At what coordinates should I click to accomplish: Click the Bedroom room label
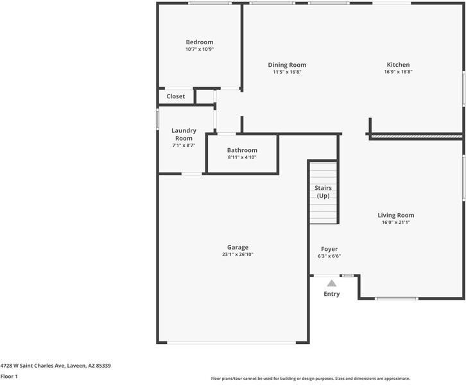click(200, 42)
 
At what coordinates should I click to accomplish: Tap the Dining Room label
click(287, 65)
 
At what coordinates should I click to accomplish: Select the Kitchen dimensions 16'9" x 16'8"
click(398, 72)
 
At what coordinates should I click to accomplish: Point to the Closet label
click(176, 96)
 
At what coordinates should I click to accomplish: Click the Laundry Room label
click(184, 134)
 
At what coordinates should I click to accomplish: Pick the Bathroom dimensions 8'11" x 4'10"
click(242, 157)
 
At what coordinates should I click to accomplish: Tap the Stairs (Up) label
click(323, 192)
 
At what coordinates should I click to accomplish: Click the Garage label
click(237, 247)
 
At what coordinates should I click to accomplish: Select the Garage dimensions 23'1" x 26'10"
click(237, 254)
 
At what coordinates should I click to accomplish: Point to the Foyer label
click(329, 249)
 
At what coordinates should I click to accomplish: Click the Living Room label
click(396, 215)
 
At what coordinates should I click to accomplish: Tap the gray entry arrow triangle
click(332, 284)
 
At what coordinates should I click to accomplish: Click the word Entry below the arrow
click(332, 294)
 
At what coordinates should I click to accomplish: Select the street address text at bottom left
click(56, 366)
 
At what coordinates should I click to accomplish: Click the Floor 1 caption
click(9, 377)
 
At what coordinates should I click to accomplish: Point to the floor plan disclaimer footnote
click(311, 379)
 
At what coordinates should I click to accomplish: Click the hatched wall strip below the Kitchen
click(415, 136)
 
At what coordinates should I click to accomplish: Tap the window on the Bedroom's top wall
click(210, 3)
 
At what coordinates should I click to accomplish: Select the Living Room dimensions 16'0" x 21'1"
click(396, 222)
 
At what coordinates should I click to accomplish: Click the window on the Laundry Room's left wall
click(157, 119)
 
